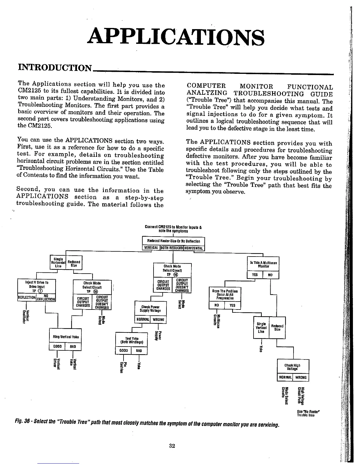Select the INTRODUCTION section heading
click(x=55, y=68)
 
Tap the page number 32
click(x=172, y=446)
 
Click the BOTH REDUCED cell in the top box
click(x=172, y=248)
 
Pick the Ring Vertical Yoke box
click(x=65, y=337)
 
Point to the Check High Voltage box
click(x=293, y=367)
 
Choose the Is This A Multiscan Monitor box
click(x=263, y=264)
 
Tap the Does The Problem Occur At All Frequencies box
click(x=225, y=294)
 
